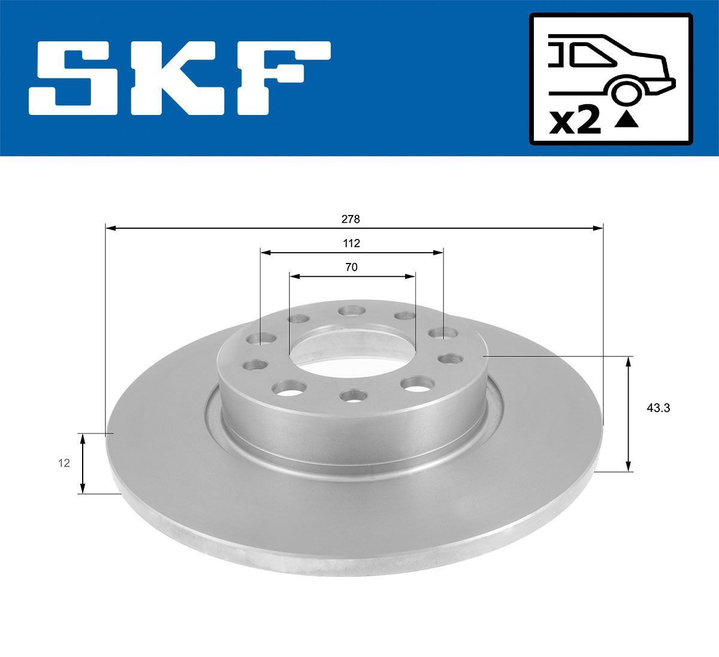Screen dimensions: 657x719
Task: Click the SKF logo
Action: pos(180,78)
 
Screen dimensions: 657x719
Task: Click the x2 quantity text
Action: pos(575,122)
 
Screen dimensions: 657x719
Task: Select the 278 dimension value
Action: pos(351,219)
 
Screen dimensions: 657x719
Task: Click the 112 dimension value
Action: pos(351,243)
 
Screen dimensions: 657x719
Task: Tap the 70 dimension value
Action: pos(351,267)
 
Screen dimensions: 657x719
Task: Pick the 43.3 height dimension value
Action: pos(658,408)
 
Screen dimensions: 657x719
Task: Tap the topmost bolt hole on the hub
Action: pos(351,311)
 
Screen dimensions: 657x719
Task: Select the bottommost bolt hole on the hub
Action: pos(352,396)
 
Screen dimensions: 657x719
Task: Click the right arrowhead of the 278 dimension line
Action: pos(598,228)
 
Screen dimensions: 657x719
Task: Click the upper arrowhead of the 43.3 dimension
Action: pos(628,361)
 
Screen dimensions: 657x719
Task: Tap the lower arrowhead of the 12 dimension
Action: pos(83,488)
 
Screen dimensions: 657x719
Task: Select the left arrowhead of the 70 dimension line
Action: pos(294,276)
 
